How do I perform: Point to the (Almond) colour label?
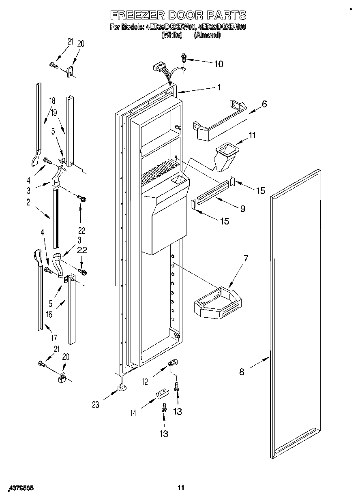pyautogui.click(x=207, y=35)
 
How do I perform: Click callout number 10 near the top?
pyautogui.click(x=218, y=64)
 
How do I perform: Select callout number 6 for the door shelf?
pyautogui.click(x=264, y=104)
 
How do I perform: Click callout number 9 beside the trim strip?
pyautogui.click(x=242, y=209)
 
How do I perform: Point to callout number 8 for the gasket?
pyautogui.click(x=242, y=372)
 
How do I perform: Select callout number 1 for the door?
pyautogui.click(x=219, y=87)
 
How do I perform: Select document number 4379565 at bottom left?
pyautogui.click(x=20, y=489)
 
